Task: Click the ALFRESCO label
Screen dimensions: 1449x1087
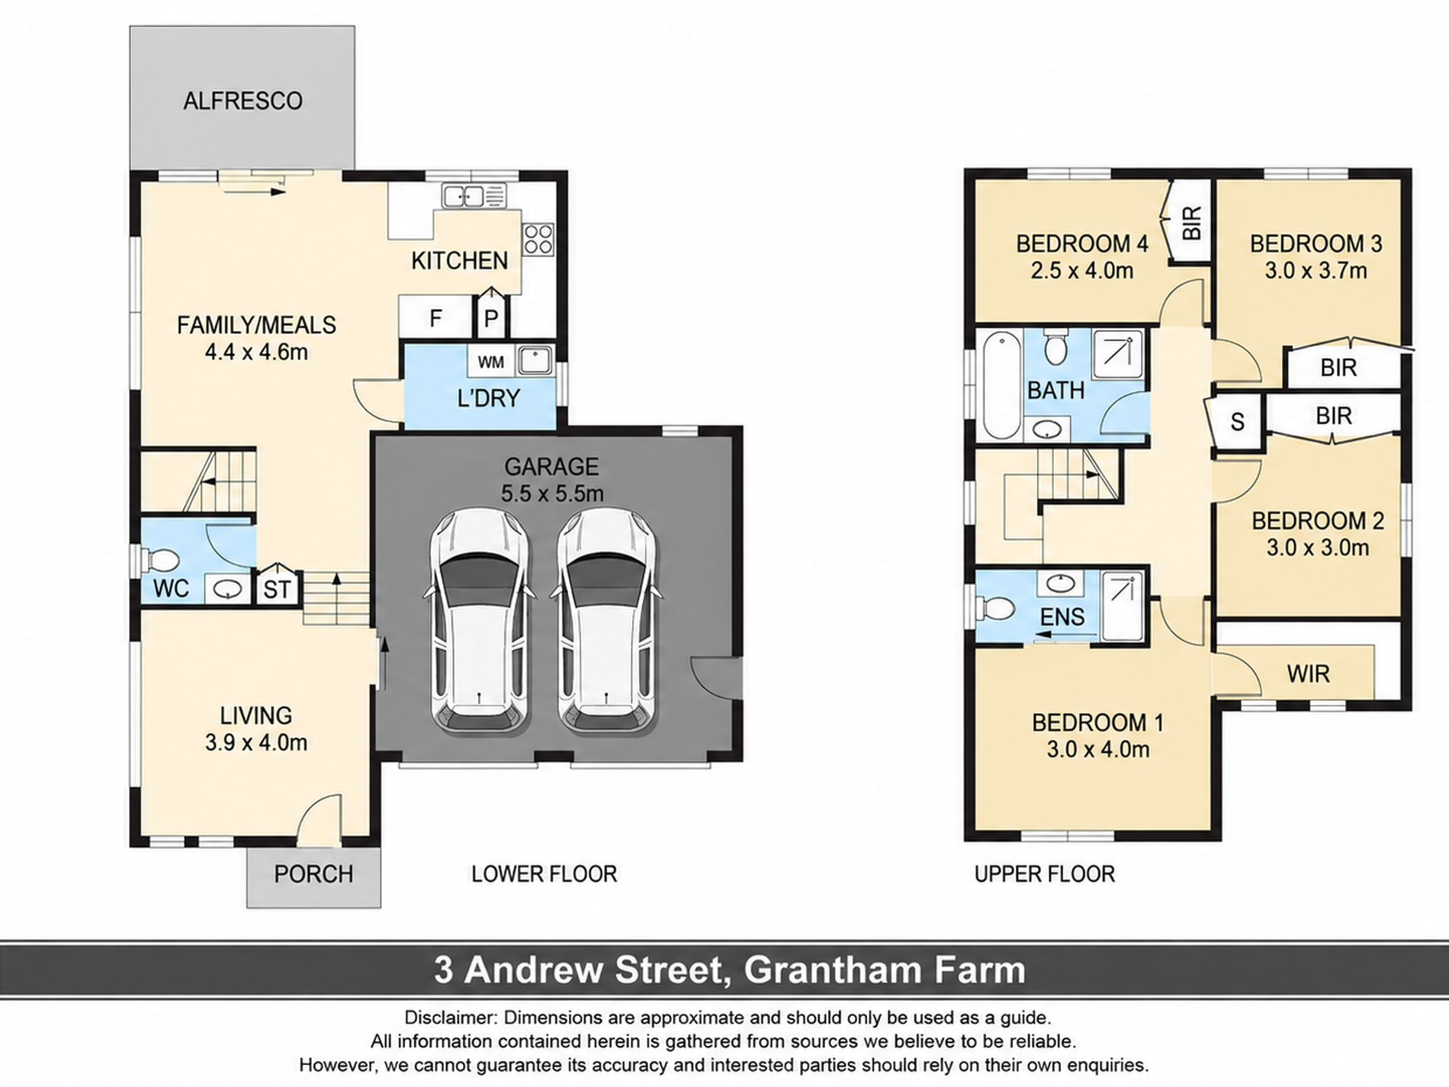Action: coord(243,101)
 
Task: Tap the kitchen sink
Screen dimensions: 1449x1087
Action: coord(474,196)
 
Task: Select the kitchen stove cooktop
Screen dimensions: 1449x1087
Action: coord(538,240)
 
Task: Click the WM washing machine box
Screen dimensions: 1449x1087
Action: coord(491,362)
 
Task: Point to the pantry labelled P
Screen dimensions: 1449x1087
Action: coord(492,315)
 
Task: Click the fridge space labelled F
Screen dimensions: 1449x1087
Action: coord(435,317)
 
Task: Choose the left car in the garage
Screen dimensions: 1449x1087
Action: coord(478,619)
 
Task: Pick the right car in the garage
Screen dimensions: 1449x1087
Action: coord(606,619)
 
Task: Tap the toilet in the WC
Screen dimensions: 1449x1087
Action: coord(158,561)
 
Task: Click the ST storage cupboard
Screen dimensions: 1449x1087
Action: coord(278,588)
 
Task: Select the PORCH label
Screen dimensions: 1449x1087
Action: coord(313,873)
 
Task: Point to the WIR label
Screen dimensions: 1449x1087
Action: coord(1308,674)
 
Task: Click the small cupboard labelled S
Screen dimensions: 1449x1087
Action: coord(1237,422)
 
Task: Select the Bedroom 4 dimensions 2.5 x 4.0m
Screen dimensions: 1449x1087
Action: coord(1082,271)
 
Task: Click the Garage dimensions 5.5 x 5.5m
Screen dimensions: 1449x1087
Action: coord(552,493)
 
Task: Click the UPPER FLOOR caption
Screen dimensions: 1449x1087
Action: coord(1045,874)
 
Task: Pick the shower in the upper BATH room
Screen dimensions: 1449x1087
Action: coord(1118,354)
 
